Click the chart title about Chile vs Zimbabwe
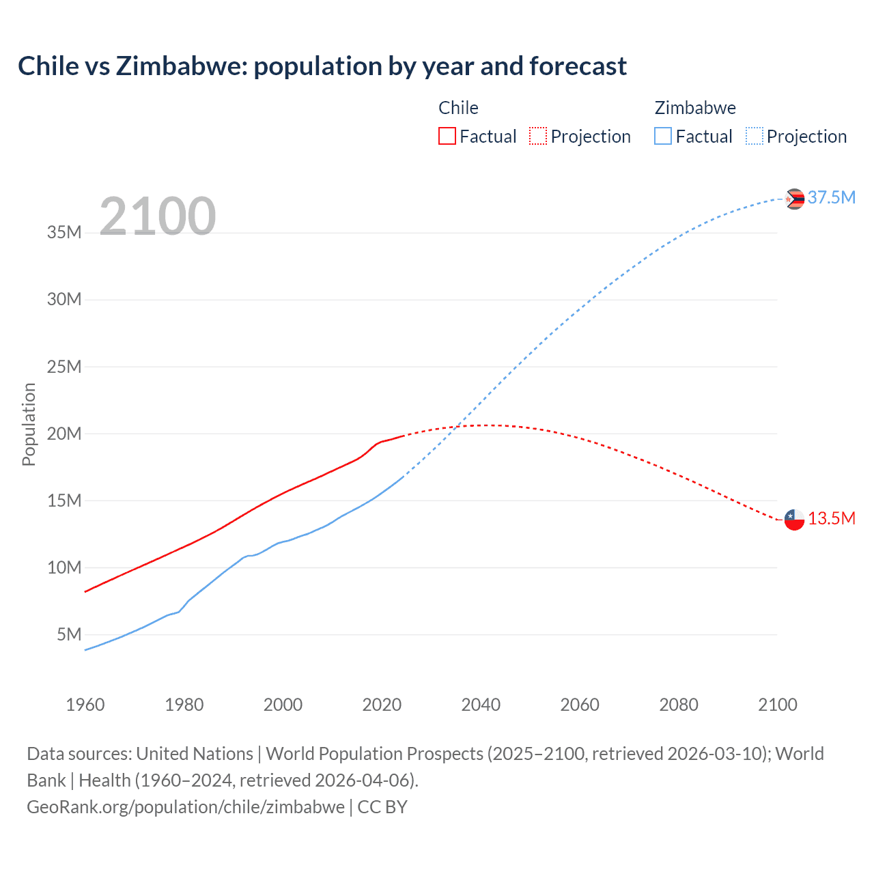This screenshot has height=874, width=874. [x=322, y=66]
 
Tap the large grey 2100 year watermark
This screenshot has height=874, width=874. [x=158, y=216]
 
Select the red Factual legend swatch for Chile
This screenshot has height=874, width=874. [x=447, y=136]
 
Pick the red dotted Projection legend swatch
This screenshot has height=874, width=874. [x=538, y=136]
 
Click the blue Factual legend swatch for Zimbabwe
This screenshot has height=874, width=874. [x=663, y=136]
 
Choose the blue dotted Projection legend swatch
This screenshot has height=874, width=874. [x=755, y=136]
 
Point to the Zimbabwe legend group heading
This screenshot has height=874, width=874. [x=695, y=108]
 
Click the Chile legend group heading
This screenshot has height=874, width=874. [x=458, y=108]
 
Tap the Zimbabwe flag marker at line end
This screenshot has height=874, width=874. [x=795, y=199]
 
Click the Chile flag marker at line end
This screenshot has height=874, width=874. [x=795, y=520]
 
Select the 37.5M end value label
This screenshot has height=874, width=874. [x=831, y=198]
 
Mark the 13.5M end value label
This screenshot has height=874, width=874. [x=831, y=519]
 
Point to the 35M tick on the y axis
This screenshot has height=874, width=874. [x=64, y=233]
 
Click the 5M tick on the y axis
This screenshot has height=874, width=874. [x=69, y=635]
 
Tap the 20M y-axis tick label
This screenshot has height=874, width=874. [x=64, y=434]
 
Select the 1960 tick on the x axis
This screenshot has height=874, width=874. [x=85, y=705]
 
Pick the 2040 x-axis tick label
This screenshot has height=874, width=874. [x=481, y=705]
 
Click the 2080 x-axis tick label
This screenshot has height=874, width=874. [x=679, y=705]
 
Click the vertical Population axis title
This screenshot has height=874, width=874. [x=29, y=424]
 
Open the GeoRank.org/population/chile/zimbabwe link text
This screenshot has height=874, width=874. [x=186, y=807]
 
